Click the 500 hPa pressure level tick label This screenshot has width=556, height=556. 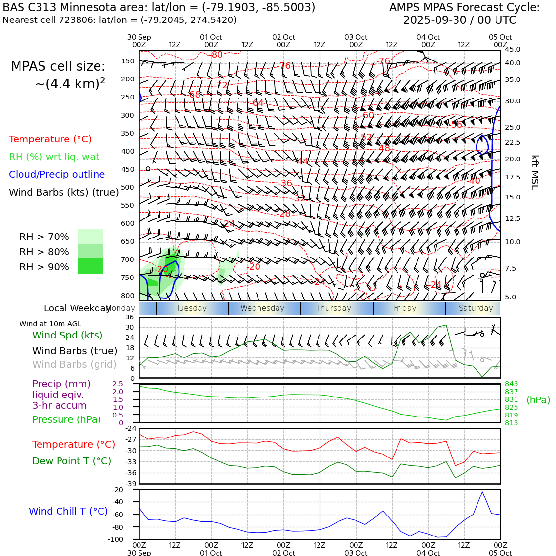(127, 187)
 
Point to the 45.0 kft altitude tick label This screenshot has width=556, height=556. (513, 50)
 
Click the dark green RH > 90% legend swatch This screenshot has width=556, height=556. (90, 266)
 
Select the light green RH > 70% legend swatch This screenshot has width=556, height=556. (90, 236)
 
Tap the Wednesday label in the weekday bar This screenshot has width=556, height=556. (262, 308)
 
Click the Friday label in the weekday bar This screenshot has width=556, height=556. (405, 308)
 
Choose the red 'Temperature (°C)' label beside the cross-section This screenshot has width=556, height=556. (50, 139)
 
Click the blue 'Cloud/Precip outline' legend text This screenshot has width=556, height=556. (57, 175)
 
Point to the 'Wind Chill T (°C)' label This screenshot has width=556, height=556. (68, 511)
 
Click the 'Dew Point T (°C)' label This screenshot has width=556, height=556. (72, 461)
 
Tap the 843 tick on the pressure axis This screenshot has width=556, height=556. (512, 384)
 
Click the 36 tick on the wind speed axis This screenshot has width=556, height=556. (129, 317)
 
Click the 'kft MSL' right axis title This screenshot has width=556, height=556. (535, 172)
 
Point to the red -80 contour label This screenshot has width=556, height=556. (217, 55)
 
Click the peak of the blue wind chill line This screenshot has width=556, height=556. (482, 492)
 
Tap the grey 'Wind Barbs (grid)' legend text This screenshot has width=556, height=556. (74, 364)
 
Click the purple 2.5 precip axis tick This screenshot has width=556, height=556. (118, 384)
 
